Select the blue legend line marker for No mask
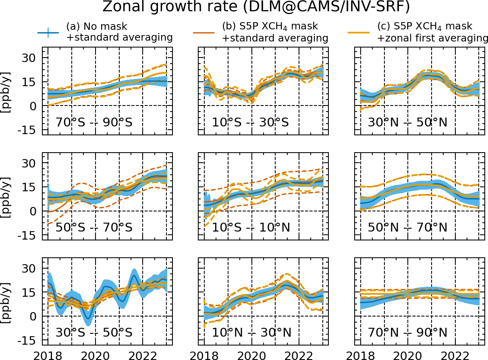49,32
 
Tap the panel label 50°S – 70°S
93,228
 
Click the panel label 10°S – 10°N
251,228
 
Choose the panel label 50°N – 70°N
407,228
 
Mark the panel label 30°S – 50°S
93,333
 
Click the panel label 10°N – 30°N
251,333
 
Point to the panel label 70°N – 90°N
407,333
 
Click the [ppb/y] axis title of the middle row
7,196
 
